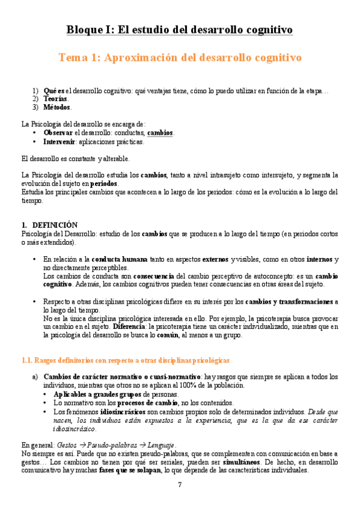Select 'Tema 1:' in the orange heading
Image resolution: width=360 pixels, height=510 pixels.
pos(79,58)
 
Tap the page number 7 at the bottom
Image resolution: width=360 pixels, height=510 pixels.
pos(180,485)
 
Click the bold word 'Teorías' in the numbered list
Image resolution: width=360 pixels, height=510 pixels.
pos(55,99)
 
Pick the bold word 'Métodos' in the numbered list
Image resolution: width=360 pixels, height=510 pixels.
pos(57,107)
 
